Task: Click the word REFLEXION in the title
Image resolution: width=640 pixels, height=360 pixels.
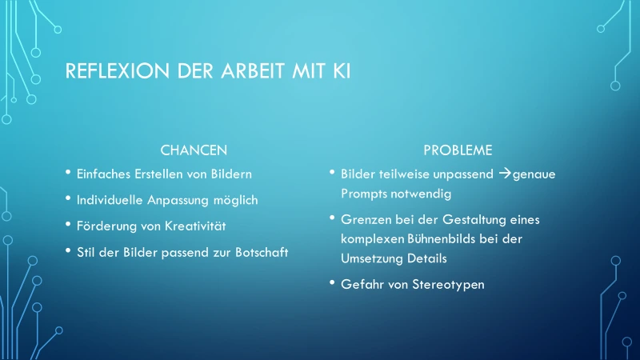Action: (117, 70)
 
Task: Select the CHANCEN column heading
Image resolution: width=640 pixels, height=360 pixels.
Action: (194, 150)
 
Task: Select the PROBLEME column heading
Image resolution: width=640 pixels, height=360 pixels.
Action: (458, 150)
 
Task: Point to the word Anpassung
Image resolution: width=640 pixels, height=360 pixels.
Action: (178, 201)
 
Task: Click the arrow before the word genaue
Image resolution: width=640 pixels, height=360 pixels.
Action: (505, 174)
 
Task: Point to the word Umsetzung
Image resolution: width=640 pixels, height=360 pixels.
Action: (372, 258)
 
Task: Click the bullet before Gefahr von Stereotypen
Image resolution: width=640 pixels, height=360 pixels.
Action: (332, 282)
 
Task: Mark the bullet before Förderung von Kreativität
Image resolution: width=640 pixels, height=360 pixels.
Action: (68, 224)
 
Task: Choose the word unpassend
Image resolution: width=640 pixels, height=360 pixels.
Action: (463, 174)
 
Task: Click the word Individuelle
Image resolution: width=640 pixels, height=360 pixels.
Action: (110, 200)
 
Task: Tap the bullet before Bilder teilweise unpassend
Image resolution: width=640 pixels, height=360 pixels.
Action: (332, 172)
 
